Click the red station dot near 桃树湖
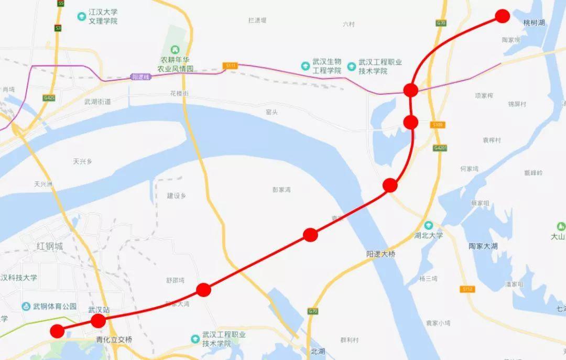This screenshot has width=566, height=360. (502, 16)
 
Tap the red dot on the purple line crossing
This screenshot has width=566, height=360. (411, 90)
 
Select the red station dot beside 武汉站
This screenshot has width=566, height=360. (98, 321)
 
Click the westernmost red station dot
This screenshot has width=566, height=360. (57, 331)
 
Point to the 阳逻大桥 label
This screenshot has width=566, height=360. (381, 254)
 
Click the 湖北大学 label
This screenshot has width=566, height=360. (429, 235)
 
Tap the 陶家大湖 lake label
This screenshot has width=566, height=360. (483, 246)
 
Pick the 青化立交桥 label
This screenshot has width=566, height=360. (114, 340)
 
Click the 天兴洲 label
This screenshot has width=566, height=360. (44, 184)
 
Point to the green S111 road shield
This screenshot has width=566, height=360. (230, 66)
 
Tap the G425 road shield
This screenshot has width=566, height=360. (50, 97)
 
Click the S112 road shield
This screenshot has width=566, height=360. (467, 289)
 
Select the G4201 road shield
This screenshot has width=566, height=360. (440, 148)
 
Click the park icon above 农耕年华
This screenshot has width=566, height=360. (176, 49)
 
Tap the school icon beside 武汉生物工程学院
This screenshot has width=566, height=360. (305, 66)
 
